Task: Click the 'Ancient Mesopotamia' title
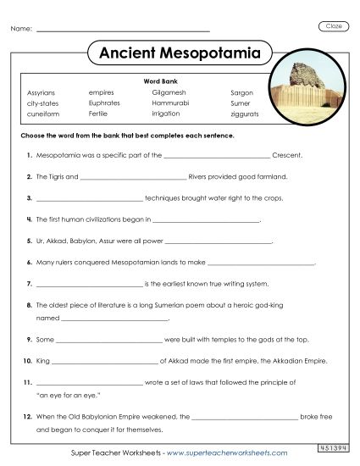pyautogui.click(x=180, y=53)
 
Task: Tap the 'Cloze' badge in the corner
pyautogui.click(x=334, y=27)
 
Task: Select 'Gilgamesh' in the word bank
pyautogui.click(x=169, y=92)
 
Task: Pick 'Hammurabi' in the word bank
pyautogui.click(x=169, y=102)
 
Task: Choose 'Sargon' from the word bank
pyautogui.click(x=241, y=92)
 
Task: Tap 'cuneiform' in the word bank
pyautogui.click(x=42, y=112)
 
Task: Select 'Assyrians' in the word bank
pyautogui.click(x=41, y=92)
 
